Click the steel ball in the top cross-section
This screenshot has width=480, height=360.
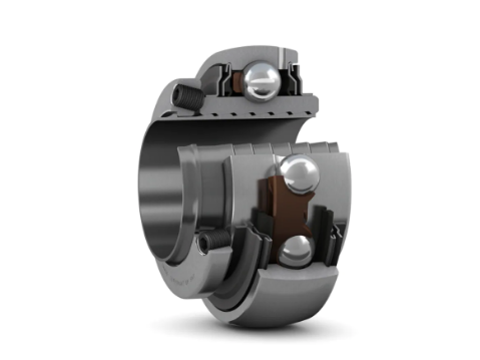pyautogui.click(x=261, y=81)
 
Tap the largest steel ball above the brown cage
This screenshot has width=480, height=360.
pyautogui.click(x=299, y=173)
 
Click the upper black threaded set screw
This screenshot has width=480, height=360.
pyautogui.click(x=188, y=97)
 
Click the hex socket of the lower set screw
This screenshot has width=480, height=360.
pyautogui.click(x=205, y=244)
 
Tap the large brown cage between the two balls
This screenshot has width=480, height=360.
pyautogui.click(x=286, y=211)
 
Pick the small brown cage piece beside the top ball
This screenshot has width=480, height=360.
pyautogui.click(x=238, y=81)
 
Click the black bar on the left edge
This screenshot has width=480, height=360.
pyautogui.click(x=47, y=180)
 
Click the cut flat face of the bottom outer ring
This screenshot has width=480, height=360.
pyautogui.click(x=300, y=281)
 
